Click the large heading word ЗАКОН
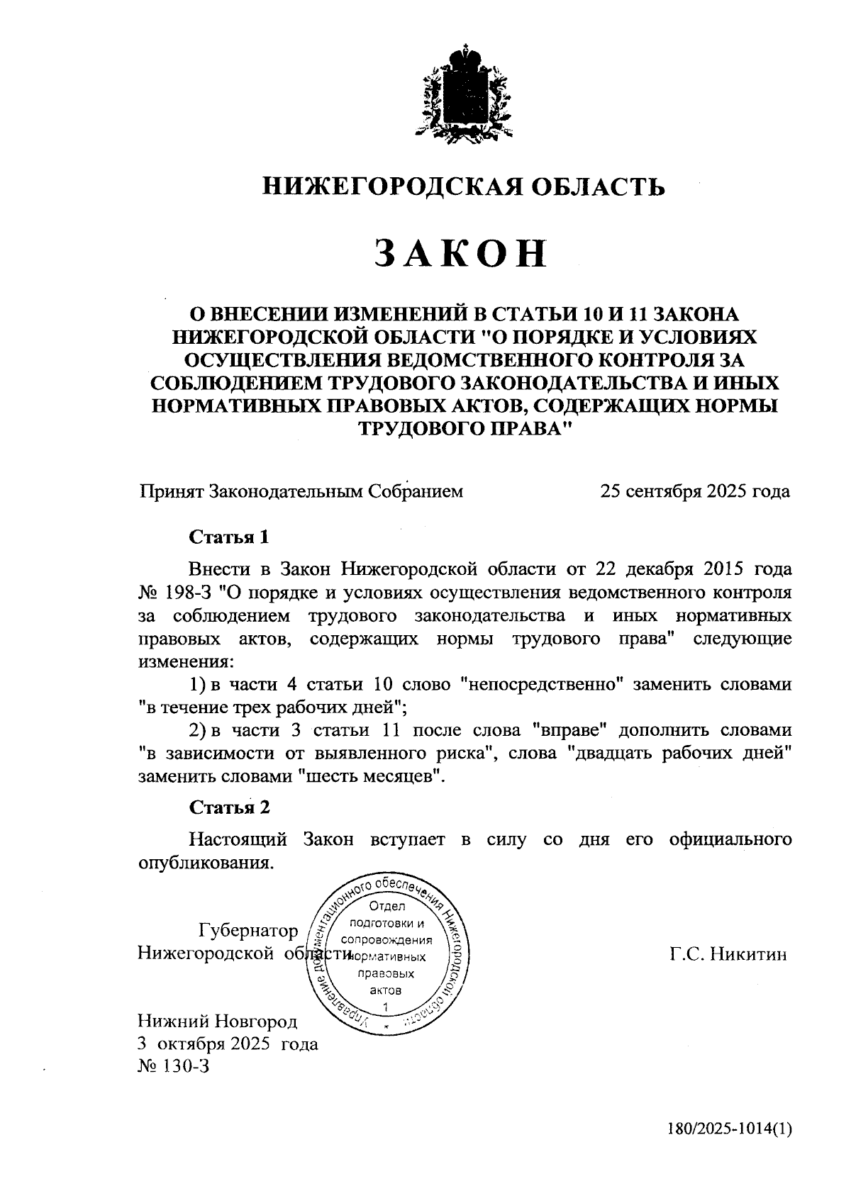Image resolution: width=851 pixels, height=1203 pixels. coord(462,253)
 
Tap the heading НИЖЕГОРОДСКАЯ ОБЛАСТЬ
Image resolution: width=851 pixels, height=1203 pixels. coord(465,186)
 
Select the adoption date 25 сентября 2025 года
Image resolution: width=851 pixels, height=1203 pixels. coord(694,491)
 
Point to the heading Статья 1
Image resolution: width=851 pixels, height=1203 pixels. coord(229,537)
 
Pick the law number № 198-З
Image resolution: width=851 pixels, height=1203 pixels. coord(174,592)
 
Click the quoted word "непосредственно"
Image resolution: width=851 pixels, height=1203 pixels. coord(542,685)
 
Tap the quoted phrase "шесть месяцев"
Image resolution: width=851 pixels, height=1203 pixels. coord(373,776)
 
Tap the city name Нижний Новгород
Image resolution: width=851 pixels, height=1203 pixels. coord(218,1021)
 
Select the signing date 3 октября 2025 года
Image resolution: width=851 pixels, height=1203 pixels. coord(228,1043)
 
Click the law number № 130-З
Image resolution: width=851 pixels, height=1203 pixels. coord(174,1066)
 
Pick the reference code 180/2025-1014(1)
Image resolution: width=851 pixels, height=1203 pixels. coord(728,1128)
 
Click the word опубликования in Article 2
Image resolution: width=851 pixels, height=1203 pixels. coord(205,863)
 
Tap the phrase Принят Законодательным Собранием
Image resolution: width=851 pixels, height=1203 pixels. coord(301,491)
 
